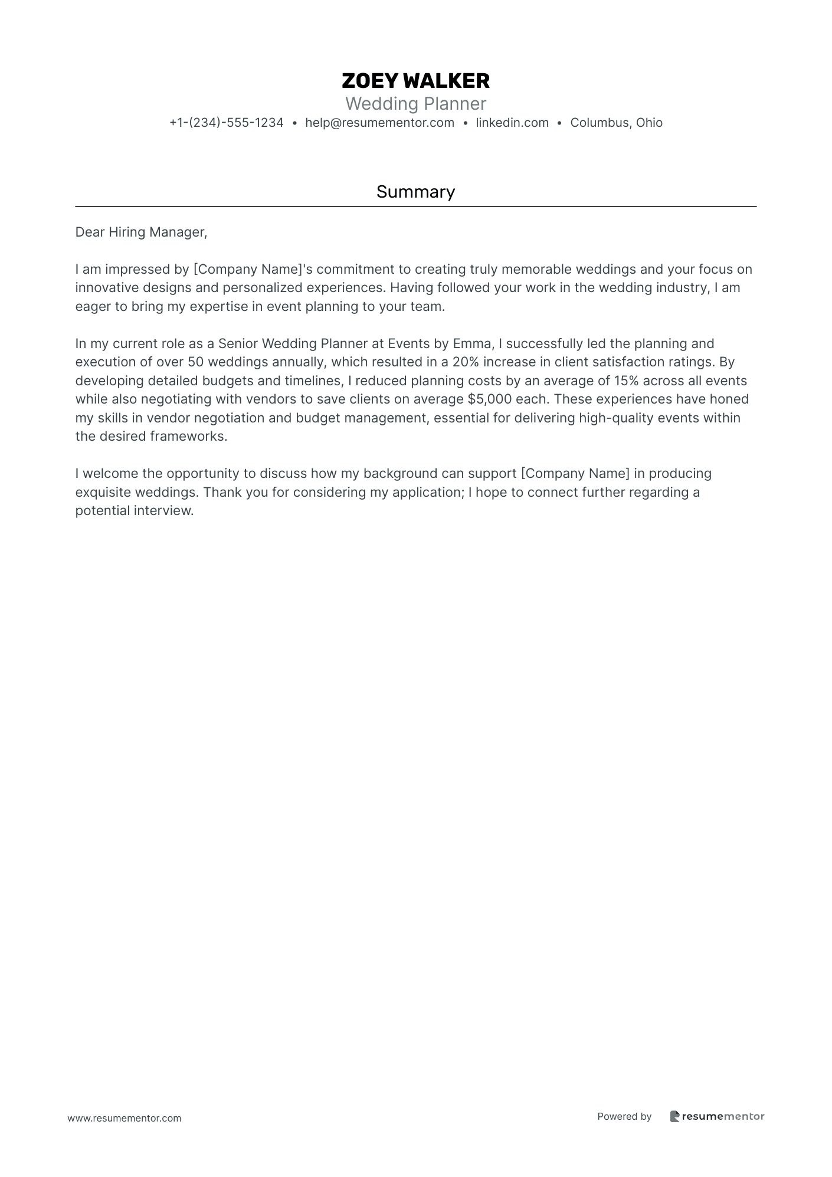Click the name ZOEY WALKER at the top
415,81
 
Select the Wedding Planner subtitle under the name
415,104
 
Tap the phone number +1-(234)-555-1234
227,123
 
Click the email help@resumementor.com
379,123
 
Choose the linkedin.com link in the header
512,123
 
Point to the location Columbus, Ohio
616,123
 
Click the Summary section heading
415,192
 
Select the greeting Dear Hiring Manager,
141,232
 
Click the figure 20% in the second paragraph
465,362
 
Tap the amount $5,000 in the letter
489,399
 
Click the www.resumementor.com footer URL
125,1118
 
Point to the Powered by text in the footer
624,1116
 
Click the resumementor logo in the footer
717,1116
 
